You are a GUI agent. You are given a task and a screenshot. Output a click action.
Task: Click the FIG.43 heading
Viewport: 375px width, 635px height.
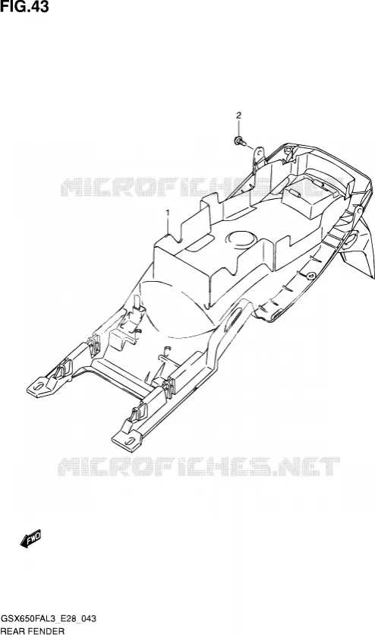click(x=25, y=7)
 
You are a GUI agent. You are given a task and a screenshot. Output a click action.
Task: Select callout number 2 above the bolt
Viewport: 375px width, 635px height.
click(x=238, y=115)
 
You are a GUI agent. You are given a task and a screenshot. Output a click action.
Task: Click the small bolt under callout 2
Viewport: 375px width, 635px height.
click(x=239, y=142)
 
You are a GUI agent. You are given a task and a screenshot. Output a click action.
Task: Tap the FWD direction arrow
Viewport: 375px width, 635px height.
click(x=31, y=539)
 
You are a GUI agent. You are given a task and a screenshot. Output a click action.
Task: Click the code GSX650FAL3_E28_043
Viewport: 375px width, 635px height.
click(x=49, y=619)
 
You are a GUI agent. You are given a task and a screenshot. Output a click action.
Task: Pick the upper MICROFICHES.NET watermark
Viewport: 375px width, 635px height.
click(x=202, y=187)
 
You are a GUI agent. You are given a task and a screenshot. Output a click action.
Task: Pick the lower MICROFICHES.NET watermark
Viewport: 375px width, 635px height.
click(x=199, y=466)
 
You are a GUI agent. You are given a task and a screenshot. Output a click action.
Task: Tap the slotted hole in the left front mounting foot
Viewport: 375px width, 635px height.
click(x=39, y=386)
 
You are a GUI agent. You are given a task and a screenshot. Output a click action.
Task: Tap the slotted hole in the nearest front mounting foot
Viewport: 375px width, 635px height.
click(x=131, y=441)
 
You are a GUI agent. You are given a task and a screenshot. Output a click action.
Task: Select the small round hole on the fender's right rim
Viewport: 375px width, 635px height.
click(x=310, y=276)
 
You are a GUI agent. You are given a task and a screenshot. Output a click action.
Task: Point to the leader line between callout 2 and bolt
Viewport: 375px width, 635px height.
click(x=238, y=129)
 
